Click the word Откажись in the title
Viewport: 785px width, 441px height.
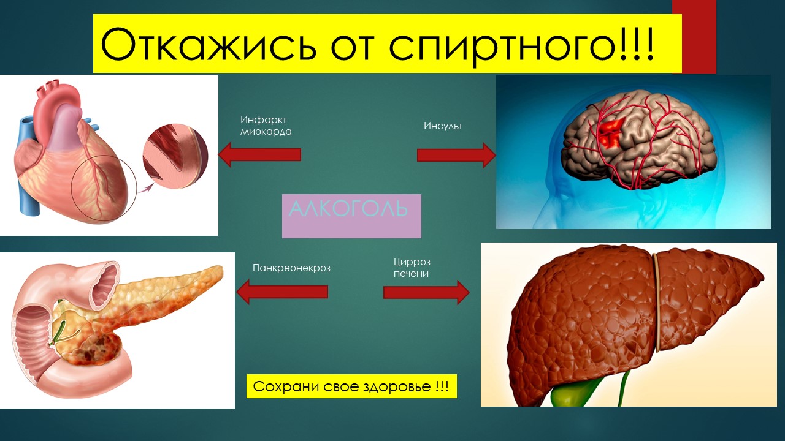coord(208,45)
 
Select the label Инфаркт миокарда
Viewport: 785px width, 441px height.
coord(266,126)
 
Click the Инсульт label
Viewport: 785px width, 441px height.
coord(443,126)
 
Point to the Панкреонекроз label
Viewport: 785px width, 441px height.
coord(291,268)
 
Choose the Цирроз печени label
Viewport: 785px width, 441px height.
coord(412,268)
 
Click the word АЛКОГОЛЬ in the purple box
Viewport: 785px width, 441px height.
coord(348,209)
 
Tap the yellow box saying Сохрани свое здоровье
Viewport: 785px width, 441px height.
coord(351,386)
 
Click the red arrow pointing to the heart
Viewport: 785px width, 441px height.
coord(259,154)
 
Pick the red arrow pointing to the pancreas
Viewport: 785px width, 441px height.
coord(282,292)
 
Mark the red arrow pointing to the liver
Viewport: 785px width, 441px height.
coord(426,292)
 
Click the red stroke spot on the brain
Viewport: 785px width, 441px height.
coord(611,133)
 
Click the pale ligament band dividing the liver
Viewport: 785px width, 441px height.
coord(657,302)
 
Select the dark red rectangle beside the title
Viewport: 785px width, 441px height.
coord(694,36)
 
